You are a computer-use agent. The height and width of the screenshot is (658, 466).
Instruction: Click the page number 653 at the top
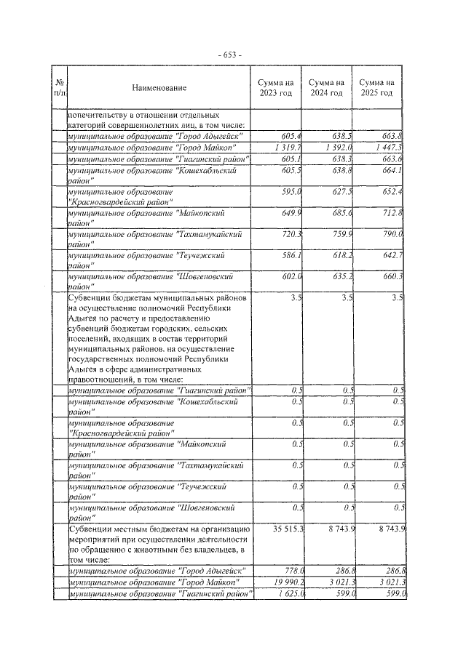(233, 55)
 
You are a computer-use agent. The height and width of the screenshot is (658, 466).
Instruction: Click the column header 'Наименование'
(159, 88)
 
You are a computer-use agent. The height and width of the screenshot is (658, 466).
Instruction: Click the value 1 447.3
(386, 148)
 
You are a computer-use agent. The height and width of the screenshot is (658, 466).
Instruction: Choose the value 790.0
(392, 236)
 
